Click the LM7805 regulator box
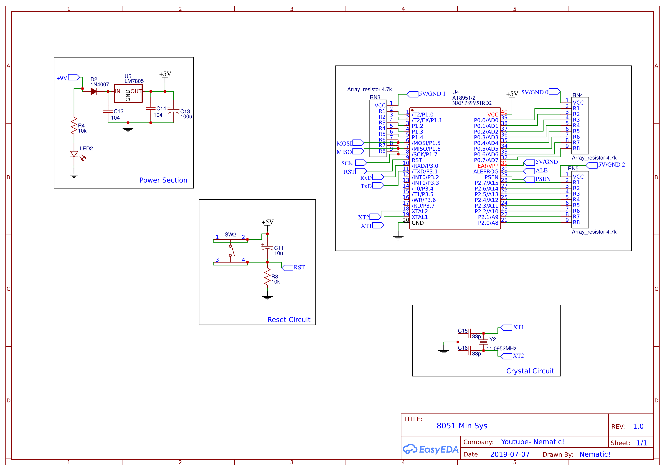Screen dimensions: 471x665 [x=128, y=93]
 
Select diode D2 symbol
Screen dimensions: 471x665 [x=94, y=91]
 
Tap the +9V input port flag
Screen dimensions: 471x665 [x=74, y=77]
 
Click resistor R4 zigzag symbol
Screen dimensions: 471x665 [x=74, y=125]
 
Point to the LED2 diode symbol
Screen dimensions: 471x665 [x=74, y=154]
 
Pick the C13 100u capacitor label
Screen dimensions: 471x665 [x=186, y=114]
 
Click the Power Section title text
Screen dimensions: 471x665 [x=163, y=180]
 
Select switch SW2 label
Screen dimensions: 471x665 [x=230, y=234]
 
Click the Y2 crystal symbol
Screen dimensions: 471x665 [x=483, y=342]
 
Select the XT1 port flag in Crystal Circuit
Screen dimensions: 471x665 [x=506, y=327]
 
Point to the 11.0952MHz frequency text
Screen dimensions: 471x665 [x=501, y=348]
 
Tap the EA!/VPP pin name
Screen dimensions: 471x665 [x=488, y=166]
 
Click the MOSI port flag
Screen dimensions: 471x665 [x=358, y=143]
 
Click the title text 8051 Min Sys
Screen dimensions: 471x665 [x=462, y=425]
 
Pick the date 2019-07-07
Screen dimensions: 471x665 [x=510, y=454]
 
